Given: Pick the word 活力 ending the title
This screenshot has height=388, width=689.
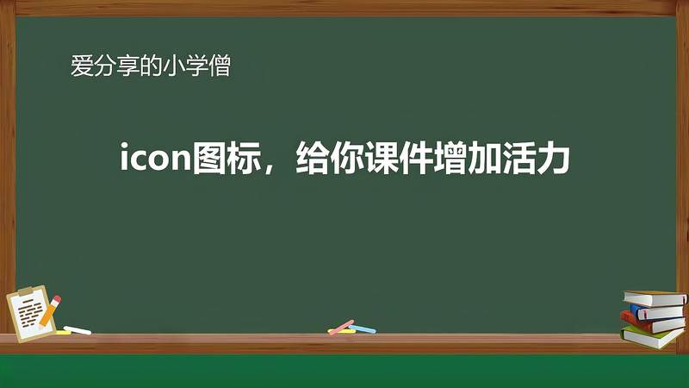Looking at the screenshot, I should tap(543, 160).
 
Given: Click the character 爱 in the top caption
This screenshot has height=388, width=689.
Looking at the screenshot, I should tap(80, 66).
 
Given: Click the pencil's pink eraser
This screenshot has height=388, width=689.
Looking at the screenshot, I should tap(56, 299).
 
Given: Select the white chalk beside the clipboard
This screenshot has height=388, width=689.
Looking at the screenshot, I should tap(78, 329).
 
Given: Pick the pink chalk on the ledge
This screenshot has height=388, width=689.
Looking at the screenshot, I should tap(342, 327).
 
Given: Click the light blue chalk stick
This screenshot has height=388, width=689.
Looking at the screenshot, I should tap(363, 329).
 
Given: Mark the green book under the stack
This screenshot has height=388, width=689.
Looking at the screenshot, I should tap(652, 337).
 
